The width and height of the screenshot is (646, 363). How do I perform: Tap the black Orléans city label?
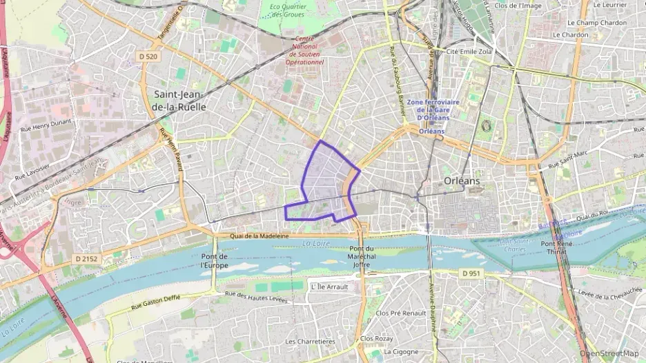point(460,180)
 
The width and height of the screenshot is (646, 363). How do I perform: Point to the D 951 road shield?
point(470,273)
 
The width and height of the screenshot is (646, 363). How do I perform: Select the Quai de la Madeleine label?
point(260,236)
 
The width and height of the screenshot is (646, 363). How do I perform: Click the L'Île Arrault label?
point(330,287)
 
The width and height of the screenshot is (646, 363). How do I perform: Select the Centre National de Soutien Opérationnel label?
point(306,51)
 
